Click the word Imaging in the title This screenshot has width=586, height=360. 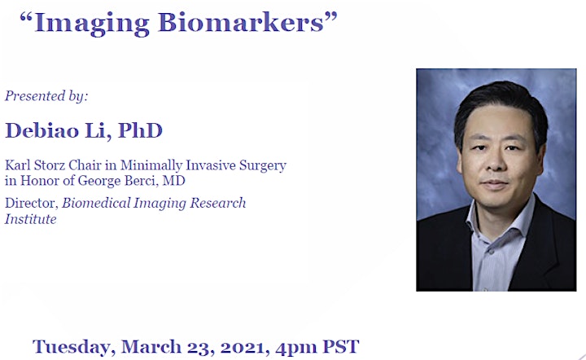click(x=92, y=24)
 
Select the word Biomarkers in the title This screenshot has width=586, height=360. click(x=241, y=22)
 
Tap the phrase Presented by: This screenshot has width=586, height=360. click(x=46, y=96)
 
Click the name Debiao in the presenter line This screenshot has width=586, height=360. click(x=42, y=130)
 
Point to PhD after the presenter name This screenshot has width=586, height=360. click(x=141, y=130)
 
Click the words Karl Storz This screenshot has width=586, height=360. click(x=35, y=165)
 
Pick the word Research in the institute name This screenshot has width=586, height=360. click(x=218, y=203)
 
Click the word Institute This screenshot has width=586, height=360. click(x=31, y=219)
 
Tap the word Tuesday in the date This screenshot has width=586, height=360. click(x=73, y=347)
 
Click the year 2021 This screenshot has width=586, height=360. click(x=245, y=348)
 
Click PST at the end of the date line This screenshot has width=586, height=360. click(x=340, y=346)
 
